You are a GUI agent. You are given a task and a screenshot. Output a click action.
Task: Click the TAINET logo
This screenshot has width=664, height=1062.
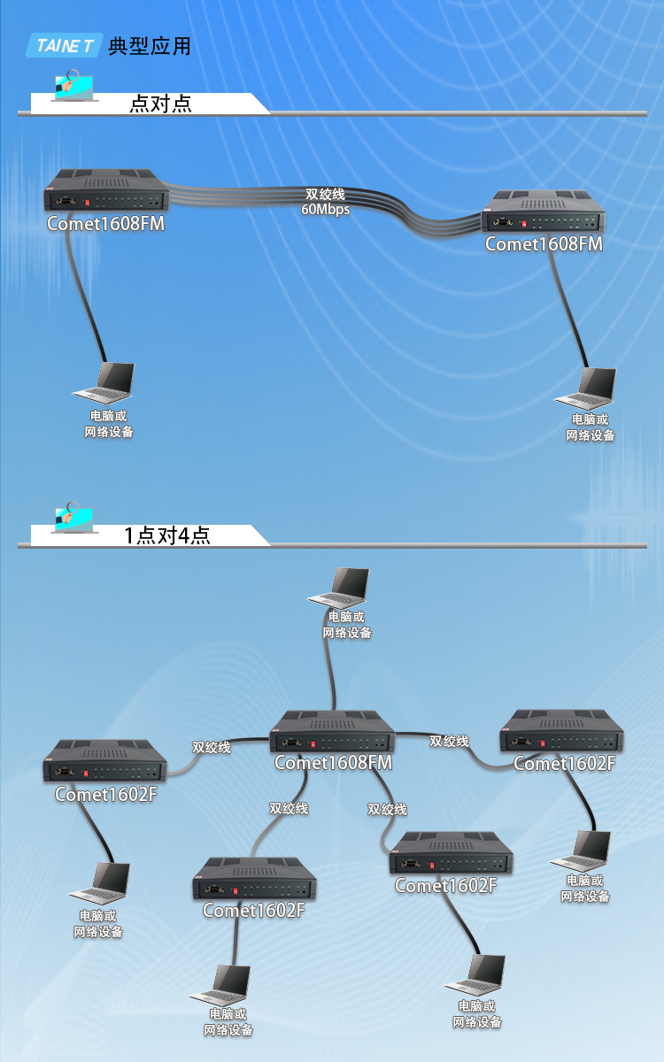pos(64,45)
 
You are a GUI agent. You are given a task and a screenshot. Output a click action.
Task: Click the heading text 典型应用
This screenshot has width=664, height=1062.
pos(150,46)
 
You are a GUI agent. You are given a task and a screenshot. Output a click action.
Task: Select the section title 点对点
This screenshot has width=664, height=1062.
pos(161,104)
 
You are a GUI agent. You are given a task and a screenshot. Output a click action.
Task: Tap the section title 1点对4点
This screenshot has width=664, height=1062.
pos(167,535)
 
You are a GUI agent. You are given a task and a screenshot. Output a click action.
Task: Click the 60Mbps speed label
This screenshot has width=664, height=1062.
pos(326,209)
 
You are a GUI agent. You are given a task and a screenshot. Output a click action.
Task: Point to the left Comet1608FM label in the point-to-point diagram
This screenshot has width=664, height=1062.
pos(105,223)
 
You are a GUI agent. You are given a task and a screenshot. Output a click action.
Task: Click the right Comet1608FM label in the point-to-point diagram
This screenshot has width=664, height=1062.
pos(544,243)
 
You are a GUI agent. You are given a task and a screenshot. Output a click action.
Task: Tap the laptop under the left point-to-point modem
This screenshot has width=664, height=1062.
pos(104,382)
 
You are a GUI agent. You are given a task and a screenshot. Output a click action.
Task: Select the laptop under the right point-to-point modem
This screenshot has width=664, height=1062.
pos(586,388)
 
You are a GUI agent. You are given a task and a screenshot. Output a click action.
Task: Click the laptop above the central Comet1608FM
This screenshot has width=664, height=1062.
pos(338,588)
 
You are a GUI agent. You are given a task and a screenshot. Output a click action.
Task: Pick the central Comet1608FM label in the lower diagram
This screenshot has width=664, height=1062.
pos(333,762)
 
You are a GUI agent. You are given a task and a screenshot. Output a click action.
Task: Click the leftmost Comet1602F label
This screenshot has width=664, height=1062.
pos(105,794)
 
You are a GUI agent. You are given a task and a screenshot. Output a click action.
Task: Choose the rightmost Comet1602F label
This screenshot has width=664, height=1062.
pos(565,763)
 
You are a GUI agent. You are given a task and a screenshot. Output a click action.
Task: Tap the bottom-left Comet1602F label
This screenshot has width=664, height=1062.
pos(253,911)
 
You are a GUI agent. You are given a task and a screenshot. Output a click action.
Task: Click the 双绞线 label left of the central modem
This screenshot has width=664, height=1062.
pos(211,748)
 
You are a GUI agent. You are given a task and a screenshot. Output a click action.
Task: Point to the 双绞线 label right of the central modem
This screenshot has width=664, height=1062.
pos(449,741)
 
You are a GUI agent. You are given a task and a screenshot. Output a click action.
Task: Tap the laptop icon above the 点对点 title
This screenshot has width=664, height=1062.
pos(73,86)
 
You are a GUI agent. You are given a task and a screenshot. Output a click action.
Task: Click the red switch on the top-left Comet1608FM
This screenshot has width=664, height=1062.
pos(87,203)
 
